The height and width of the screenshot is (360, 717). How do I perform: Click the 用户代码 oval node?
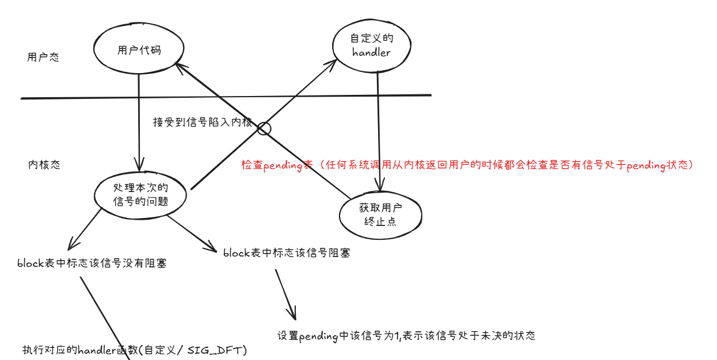[139, 51]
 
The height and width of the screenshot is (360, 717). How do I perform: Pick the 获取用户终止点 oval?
[380, 214]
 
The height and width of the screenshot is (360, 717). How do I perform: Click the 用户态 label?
[43, 58]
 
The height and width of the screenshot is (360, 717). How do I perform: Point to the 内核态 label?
[44, 165]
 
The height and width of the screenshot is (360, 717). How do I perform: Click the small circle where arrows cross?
[264, 128]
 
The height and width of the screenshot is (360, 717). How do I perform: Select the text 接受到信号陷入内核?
[203, 122]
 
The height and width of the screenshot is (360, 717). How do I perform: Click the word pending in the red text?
[283, 166]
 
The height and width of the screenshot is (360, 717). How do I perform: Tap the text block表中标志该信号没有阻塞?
[92, 264]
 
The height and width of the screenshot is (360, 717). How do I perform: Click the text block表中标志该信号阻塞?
[287, 252]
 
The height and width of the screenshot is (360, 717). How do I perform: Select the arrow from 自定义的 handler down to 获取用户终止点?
[378, 127]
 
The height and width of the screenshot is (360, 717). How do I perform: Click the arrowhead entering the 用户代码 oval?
[180, 66]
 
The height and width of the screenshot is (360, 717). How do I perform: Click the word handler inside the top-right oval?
[371, 53]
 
